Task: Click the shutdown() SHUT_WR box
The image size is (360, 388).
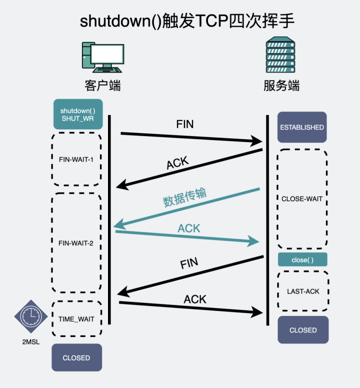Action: [77, 114]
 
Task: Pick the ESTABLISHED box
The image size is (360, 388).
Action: [302, 127]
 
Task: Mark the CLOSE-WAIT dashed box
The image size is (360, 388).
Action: [302, 199]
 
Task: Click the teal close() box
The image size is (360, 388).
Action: [302, 259]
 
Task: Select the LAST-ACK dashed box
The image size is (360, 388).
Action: [303, 291]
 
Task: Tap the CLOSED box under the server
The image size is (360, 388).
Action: [303, 330]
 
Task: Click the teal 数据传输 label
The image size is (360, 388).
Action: [184, 197]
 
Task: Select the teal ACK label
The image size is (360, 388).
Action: [189, 228]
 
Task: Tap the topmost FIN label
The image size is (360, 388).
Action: [185, 124]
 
